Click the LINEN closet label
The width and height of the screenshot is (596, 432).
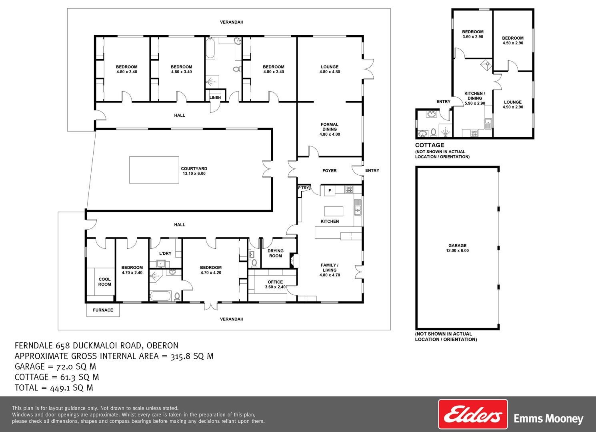click(215, 98)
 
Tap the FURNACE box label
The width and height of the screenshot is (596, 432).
click(103, 310)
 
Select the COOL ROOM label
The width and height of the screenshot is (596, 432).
click(104, 282)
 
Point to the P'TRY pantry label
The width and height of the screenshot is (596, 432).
click(303, 188)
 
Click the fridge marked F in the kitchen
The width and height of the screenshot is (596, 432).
click(330, 191)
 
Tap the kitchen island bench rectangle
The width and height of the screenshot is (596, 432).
click(334, 211)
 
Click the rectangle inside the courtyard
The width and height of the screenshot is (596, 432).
click(154, 170)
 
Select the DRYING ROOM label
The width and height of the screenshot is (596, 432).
click(275, 253)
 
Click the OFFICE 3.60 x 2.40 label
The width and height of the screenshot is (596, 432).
click(275, 284)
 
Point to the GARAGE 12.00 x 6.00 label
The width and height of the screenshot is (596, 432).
click(457, 248)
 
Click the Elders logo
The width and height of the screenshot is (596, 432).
click(473, 414)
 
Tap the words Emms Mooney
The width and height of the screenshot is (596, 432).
click(548, 419)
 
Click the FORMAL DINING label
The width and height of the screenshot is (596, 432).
click(330, 129)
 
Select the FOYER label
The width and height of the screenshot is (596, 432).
click(330, 171)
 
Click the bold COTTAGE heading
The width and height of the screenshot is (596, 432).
click(430, 145)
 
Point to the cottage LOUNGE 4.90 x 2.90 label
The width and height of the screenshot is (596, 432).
click(513, 104)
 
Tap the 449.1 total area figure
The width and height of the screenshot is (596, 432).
click(60, 388)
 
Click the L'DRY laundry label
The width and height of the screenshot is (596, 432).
click(165, 254)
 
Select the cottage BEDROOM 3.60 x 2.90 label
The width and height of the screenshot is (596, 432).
click(473, 34)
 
